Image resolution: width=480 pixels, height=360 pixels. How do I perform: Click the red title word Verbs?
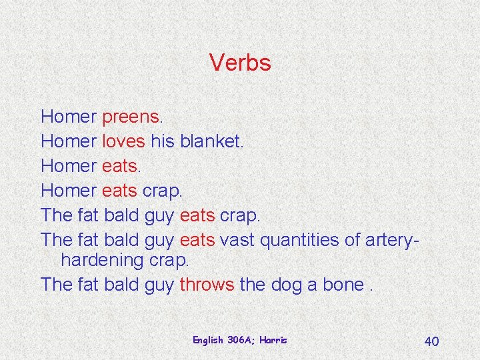point(240,63)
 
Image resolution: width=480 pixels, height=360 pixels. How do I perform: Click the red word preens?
point(130,117)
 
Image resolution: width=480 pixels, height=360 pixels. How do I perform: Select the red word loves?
point(123,141)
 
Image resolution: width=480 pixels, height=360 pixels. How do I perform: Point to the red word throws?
point(207,285)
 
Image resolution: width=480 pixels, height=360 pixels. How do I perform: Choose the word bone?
point(343,285)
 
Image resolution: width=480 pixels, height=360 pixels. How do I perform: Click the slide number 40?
point(431,341)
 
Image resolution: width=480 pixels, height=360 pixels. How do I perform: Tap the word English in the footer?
point(207,340)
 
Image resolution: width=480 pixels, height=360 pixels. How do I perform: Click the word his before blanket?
point(162,141)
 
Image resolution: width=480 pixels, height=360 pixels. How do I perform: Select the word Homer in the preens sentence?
point(69,117)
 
